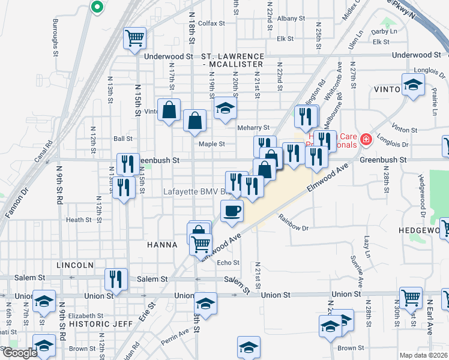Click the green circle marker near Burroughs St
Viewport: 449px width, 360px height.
click(97, 7)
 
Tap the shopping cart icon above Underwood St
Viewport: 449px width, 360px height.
click(135, 38)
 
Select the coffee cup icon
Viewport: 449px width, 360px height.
click(232, 211)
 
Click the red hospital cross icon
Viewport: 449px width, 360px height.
click(366, 140)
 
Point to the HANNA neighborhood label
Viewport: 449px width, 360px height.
click(162, 245)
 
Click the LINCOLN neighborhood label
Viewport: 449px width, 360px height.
click(75, 265)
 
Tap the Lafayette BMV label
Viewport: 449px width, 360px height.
click(196, 192)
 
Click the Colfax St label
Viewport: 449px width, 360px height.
click(211, 23)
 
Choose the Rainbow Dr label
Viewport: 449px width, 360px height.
click(293, 228)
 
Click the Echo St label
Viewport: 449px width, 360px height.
click(228, 262)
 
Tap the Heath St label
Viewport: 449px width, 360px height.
click(79, 220)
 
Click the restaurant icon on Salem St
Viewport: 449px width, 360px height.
click(116, 278)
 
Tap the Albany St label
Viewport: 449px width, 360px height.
click(291, 19)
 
